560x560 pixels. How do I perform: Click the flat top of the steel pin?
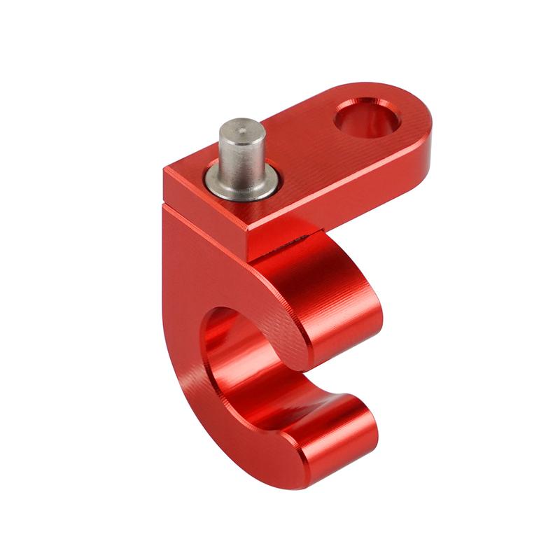pyautogui.click(x=235, y=130)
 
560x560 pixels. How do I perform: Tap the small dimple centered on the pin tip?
pyautogui.click(x=235, y=129)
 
